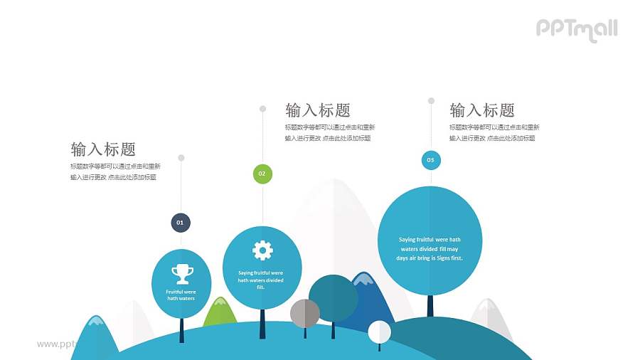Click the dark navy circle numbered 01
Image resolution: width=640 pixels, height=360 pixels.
click(x=181, y=223)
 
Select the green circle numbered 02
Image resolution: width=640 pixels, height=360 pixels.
click(x=262, y=174)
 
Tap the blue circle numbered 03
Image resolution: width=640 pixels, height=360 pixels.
click(x=430, y=160)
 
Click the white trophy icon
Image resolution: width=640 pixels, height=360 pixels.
click(x=182, y=273)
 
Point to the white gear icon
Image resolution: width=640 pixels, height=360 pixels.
click(x=262, y=250)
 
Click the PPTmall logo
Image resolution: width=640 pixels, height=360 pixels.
click(x=576, y=28)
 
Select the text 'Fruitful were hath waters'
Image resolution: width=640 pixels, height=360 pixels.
click(x=181, y=295)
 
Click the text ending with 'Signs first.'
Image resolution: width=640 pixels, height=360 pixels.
click(x=430, y=249)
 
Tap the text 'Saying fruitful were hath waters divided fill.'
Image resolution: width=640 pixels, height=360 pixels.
click(x=261, y=280)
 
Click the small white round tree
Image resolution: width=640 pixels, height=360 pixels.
click(x=379, y=332)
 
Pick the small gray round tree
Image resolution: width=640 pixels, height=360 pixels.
click(x=305, y=313)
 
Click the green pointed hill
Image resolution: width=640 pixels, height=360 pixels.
click(x=220, y=313)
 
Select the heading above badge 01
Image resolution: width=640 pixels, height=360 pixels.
click(x=103, y=149)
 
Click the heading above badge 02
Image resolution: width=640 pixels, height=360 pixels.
click(x=318, y=110)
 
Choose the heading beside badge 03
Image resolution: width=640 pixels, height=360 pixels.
click(x=482, y=110)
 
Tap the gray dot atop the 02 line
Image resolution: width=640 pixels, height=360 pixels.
click(x=262, y=109)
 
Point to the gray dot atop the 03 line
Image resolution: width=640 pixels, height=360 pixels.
click(x=431, y=101)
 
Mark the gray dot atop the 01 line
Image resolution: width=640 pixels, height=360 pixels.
click(x=181, y=157)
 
